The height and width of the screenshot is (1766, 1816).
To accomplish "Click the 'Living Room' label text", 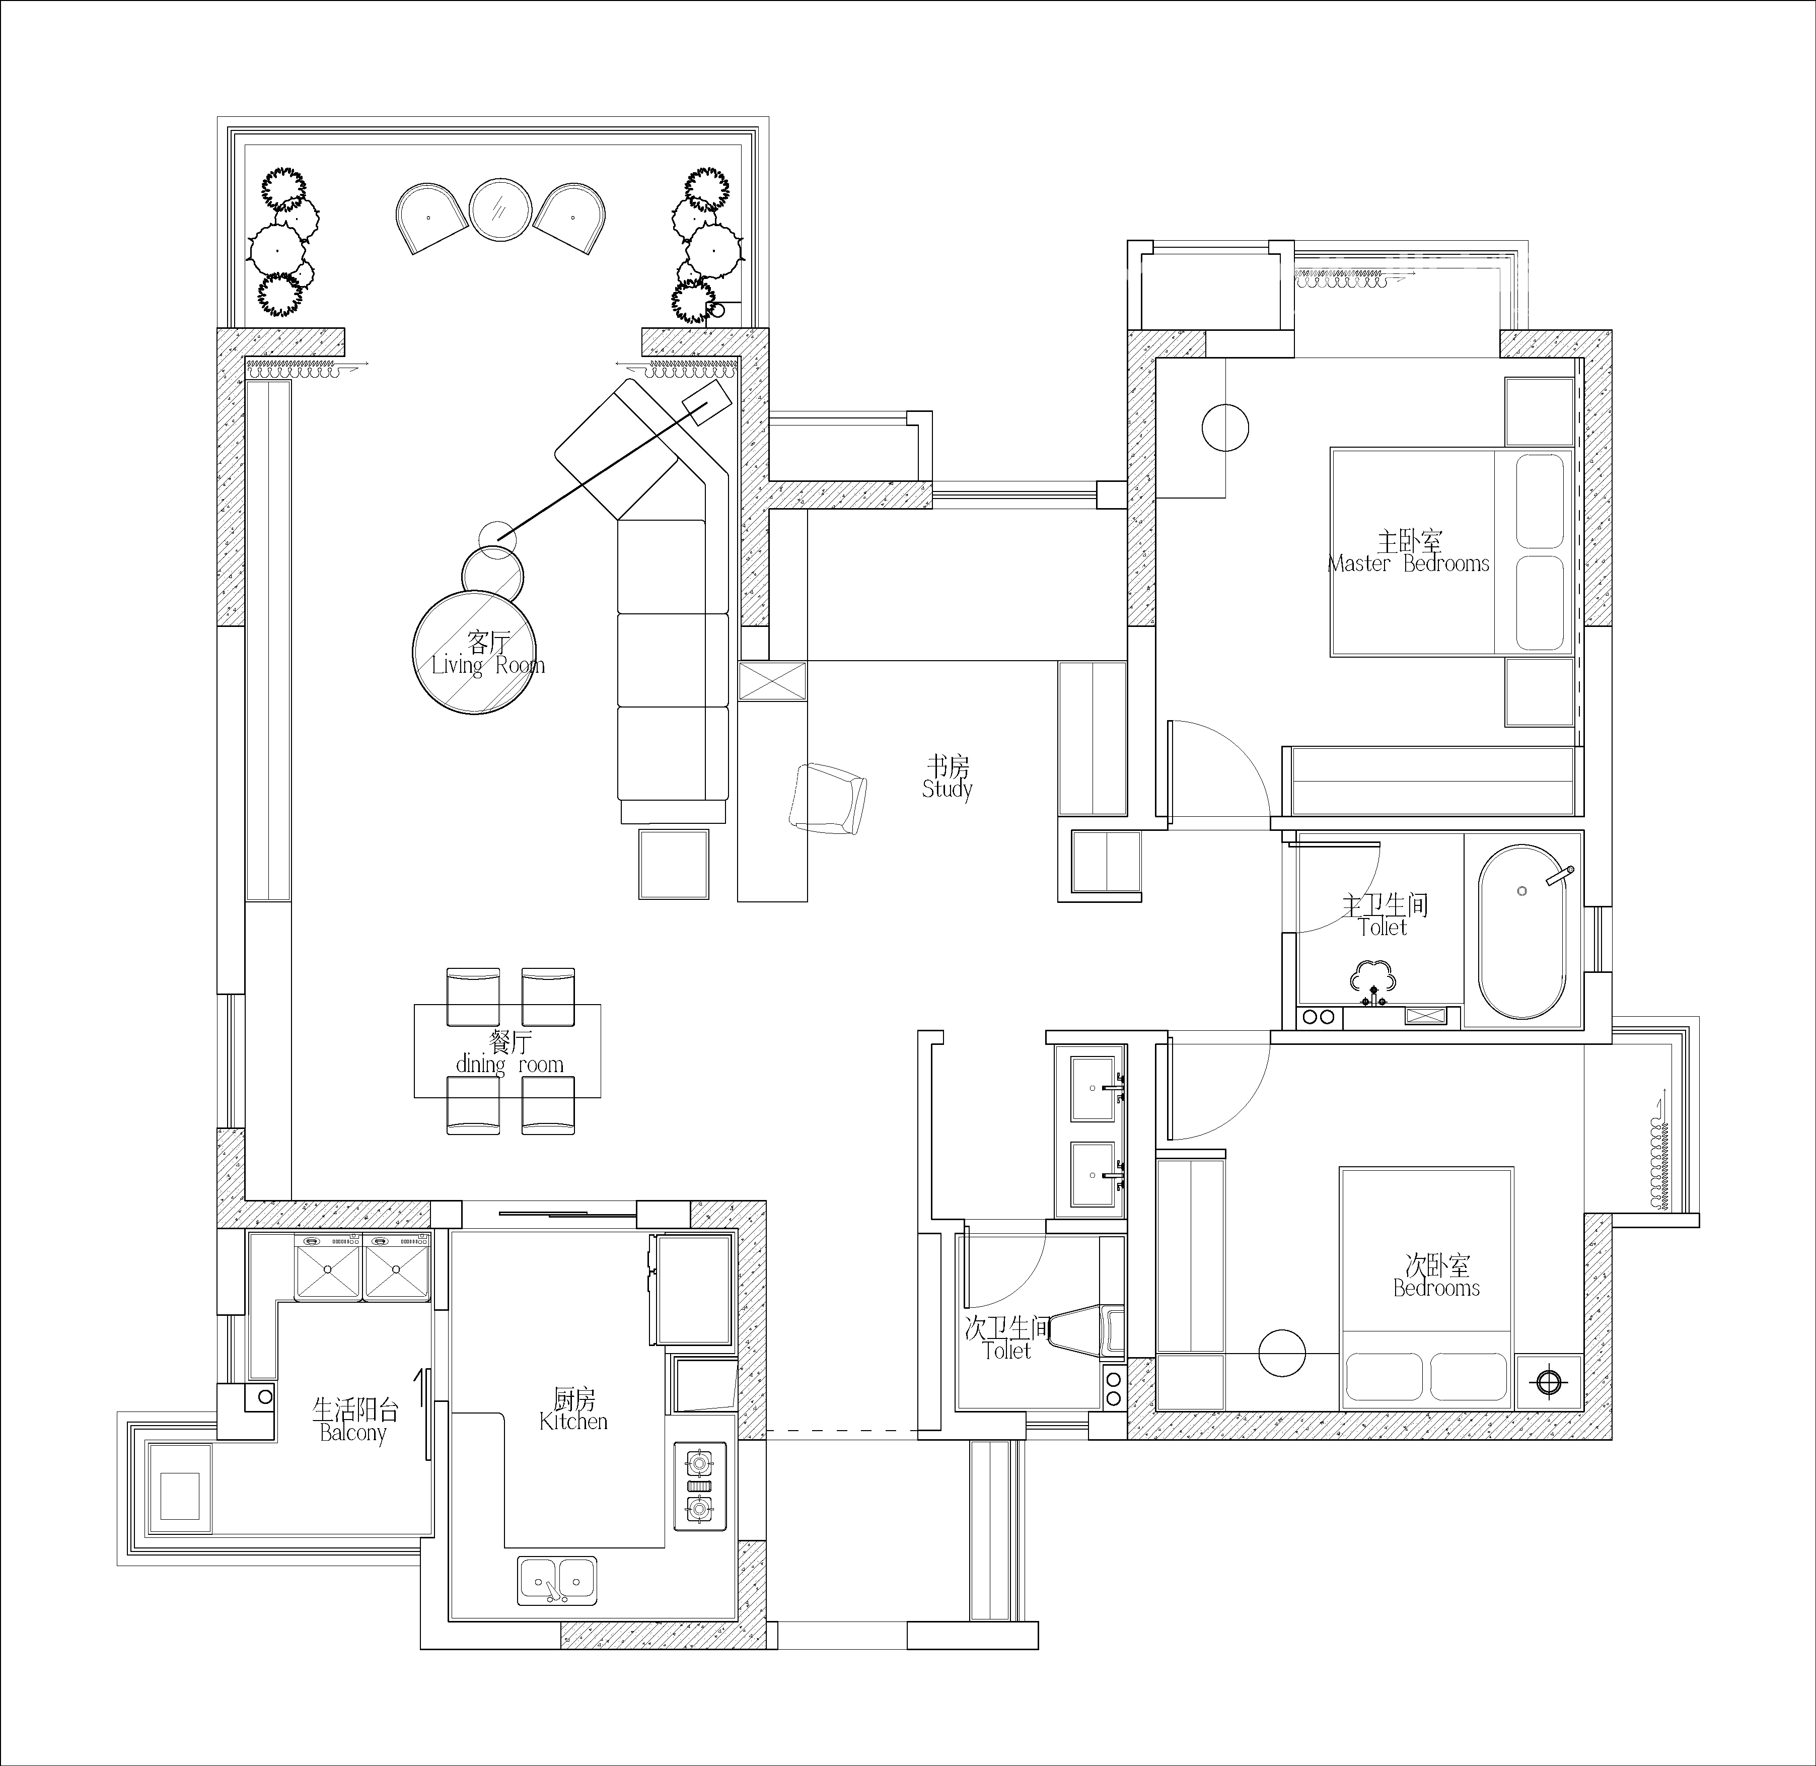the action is click(x=488, y=666).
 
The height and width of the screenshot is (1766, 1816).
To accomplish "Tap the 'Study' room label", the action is click(x=947, y=789).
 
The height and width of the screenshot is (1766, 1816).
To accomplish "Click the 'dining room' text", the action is click(x=509, y=1065).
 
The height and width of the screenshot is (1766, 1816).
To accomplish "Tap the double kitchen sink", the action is click(x=556, y=1581).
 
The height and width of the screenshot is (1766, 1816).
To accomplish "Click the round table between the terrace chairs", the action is click(x=500, y=209).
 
